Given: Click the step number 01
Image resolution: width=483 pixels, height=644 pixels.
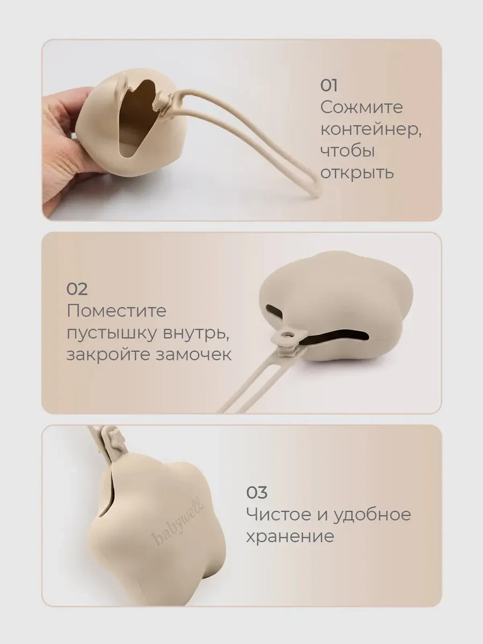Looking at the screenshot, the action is [x=329, y=86].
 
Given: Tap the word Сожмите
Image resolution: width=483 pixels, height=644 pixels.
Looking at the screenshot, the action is [x=361, y=107].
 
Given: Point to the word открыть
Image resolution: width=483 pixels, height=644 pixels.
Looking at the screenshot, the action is [x=356, y=173].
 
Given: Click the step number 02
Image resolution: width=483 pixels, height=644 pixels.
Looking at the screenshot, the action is [x=77, y=289].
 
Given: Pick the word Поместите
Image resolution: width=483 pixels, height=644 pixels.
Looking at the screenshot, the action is [x=116, y=311].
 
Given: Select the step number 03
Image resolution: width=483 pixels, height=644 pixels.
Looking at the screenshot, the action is [x=257, y=492].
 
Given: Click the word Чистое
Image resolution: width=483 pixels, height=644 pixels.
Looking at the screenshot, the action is [x=279, y=514].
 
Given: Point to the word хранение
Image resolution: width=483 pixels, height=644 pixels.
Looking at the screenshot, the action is [x=290, y=537].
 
